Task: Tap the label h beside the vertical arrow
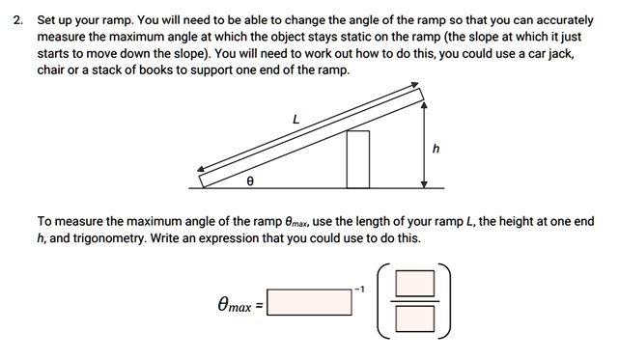tap(436, 149)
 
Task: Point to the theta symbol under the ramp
tap(250, 180)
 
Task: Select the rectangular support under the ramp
tap(358, 158)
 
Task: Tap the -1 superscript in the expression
tap(358, 288)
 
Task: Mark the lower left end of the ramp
tap(202, 180)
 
